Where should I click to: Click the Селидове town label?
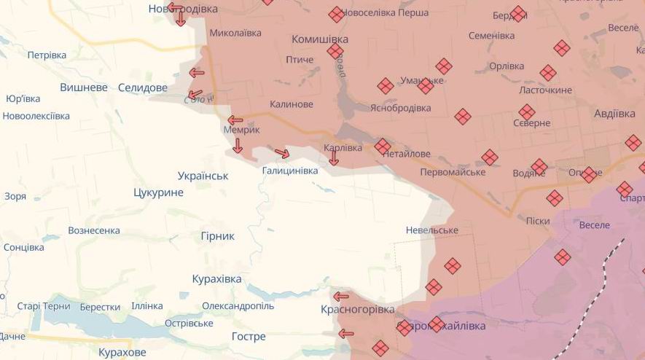(143, 87)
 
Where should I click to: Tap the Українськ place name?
(203, 176)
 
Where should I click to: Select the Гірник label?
(217, 236)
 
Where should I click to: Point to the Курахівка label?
(216, 279)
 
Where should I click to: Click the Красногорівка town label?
(356, 310)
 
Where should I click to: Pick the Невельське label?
(432, 230)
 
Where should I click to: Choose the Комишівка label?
(320, 39)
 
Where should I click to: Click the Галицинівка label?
(290, 171)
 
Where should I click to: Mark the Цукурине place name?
(158, 192)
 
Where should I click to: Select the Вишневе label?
(84, 87)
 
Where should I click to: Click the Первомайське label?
(453, 172)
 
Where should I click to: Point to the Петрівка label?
(47, 55)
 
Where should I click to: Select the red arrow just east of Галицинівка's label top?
(282, 153)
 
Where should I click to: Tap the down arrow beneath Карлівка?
(334, 158)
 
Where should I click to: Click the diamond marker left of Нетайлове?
(383, 146)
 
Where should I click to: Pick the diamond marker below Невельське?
(452, 266)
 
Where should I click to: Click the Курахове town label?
(122, 353)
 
